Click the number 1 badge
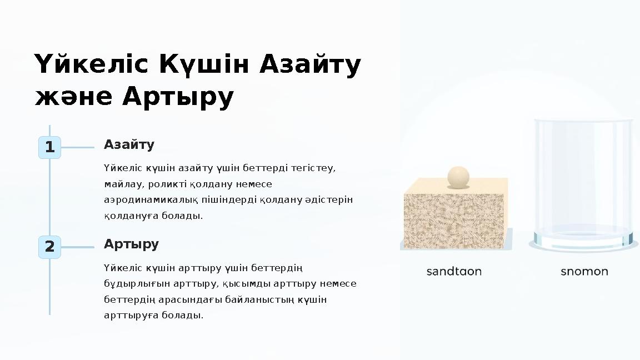point(49,148)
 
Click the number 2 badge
point(49,247)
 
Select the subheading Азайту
point(129,145)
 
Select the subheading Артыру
point(131,244)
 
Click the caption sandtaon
point(454,272)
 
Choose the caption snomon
point(584,272)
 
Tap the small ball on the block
point(458,177)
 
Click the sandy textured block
point(455,217)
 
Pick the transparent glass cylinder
point(583,183)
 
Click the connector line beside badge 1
point(77,148)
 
